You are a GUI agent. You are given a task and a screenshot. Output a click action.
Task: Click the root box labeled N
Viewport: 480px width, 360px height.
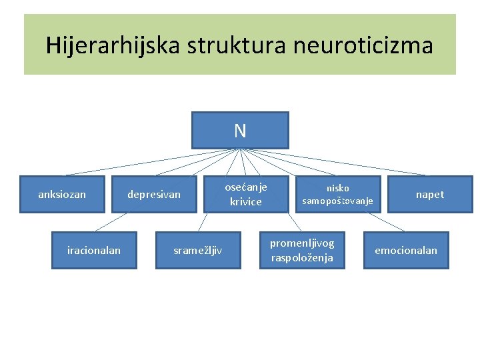(x=240, y=130)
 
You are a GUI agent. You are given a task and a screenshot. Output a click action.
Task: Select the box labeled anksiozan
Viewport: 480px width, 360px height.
(x=62, y=194)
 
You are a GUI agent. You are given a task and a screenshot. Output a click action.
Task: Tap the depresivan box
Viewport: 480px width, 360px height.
(x=154, y=194)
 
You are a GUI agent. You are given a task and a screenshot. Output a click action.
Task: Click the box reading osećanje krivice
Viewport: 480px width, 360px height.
(x=246, y=194)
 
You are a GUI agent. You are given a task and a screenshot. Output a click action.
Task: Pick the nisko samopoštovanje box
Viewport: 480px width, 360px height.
(x=337, y=194)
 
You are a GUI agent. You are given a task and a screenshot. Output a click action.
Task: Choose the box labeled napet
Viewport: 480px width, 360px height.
(x=429, y=194)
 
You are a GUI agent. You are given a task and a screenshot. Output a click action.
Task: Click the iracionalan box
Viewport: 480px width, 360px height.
(x=94, y=250)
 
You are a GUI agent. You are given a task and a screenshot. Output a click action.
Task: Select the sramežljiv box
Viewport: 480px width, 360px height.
(x=198, y=250)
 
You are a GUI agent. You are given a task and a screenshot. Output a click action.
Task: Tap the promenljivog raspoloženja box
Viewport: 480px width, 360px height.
(x=302, y=250)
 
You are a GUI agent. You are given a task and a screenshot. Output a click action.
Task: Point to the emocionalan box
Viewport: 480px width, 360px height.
(x=406, y=250)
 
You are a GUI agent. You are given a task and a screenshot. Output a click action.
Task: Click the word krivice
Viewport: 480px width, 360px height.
(x=246, y=201)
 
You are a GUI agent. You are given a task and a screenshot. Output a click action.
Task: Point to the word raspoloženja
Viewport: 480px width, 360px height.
(x=302, y=257)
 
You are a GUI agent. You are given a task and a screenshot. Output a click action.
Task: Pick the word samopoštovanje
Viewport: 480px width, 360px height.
(x=337, y=201)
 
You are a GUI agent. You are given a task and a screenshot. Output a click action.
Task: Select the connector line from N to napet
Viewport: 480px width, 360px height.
(x=347, y=165)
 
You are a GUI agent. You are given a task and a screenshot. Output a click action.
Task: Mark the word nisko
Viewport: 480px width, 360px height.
(x=337, y=188)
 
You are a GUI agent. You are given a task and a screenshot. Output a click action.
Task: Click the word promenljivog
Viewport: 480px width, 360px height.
(x=302, y=243)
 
